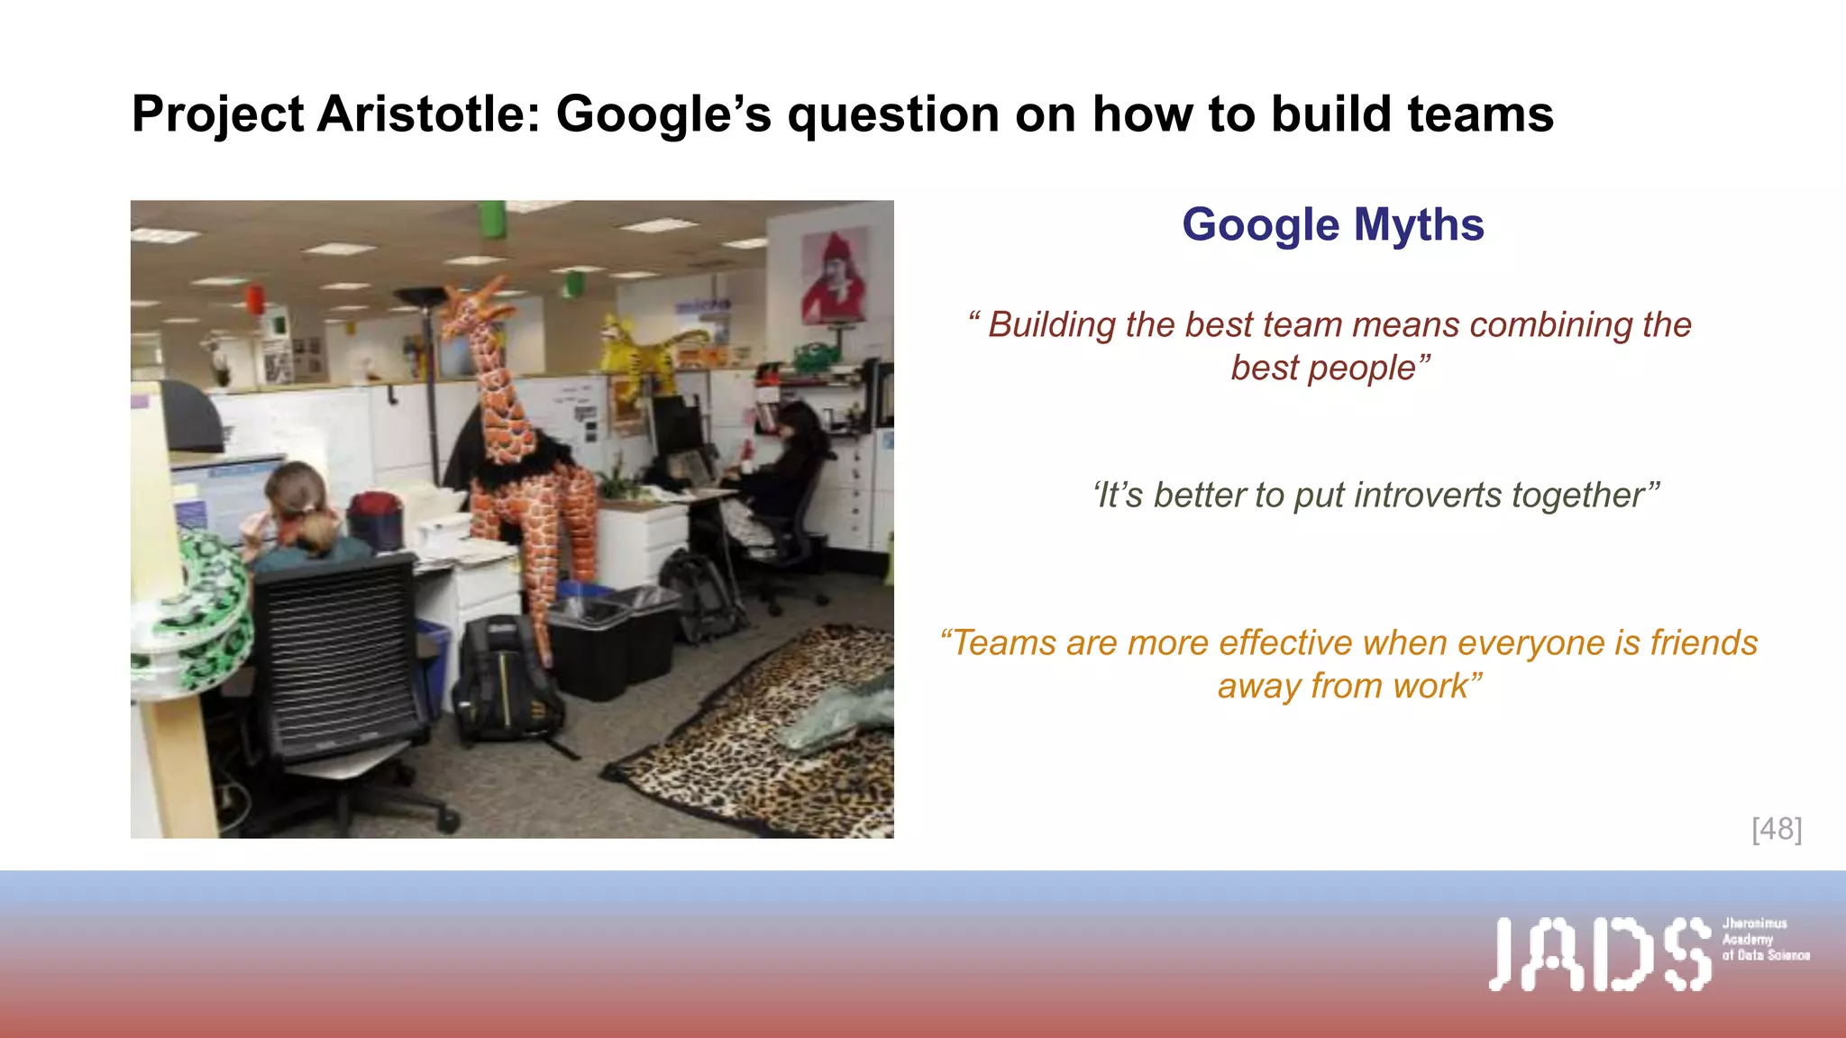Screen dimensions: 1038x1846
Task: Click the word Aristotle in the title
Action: coord(427,114)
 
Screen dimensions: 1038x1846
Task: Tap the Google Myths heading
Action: coord(1332,224)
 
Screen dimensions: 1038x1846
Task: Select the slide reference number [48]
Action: coord(1776,829)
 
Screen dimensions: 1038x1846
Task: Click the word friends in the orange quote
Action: coord(1703,643)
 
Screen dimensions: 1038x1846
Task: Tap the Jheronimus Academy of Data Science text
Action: coord(1764,939)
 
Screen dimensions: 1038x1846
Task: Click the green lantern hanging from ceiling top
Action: coord(492,219)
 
